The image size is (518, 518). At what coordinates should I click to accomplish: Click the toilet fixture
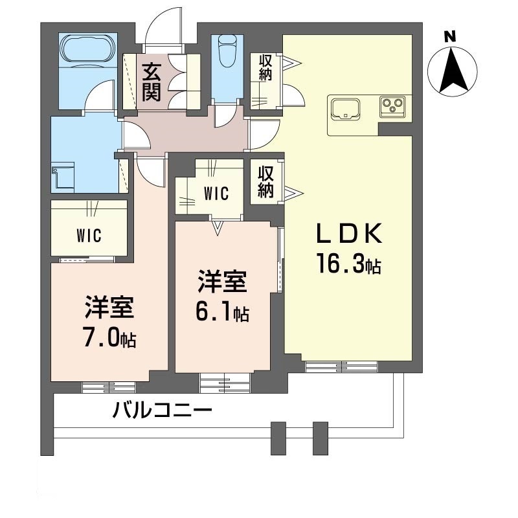pos(227,50)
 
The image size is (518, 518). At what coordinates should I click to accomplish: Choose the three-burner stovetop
pos(392,105)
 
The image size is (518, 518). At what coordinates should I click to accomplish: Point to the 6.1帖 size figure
pos(223,313)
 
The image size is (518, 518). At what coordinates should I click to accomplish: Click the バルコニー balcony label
pos(163,411)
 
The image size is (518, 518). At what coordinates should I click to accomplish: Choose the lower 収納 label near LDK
pos(265,181)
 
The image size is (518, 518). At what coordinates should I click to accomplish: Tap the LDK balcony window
pos(341,367)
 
